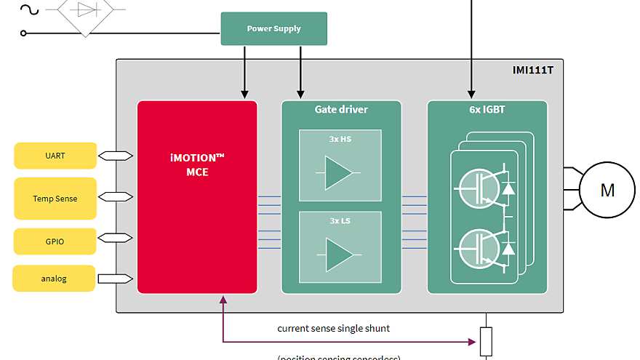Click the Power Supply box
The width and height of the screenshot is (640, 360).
pyautogui.click(x=273, y=28)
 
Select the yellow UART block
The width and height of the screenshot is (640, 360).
pyautogui.click(x=55, y=156)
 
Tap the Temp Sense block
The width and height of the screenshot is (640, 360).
pyautogui.click(x=55, y=198)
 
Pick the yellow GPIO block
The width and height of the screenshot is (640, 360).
pyautogui.click(x=55, y=241)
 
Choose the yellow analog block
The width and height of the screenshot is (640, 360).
pyautogui.click(x=54, y=279)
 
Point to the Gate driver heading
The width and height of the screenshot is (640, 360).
pyautogui.click(x=341, y=110)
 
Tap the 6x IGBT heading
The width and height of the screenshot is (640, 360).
pyautogui.click(x=487, y=110)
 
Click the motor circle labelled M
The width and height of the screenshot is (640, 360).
pyautogui.click(x=607, y=191)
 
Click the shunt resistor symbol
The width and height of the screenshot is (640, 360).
pyautogui.click(x=486, y=341)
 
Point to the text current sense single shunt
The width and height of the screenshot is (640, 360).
pyautogui.click(x=333, y=328)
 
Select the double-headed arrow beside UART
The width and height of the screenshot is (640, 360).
pyautogui.click(x=115, y=156)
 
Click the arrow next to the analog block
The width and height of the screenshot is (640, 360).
pyautogui.click(x=115, y=279)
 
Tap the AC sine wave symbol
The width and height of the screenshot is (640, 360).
pyautogui.click(x=29, y=9)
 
